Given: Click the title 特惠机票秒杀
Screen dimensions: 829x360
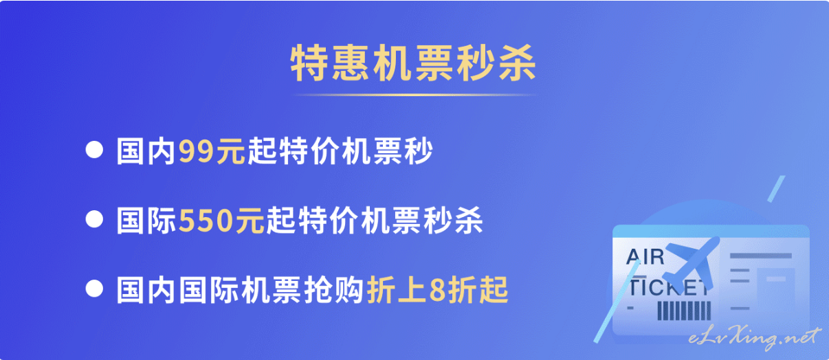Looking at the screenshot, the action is tap(413, 63).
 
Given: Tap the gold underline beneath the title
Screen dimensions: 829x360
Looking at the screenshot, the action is tap(414, 95).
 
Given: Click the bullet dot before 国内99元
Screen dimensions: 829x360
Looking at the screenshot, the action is tap(94, 150).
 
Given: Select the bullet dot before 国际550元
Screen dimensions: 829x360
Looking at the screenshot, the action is tap(94, 219).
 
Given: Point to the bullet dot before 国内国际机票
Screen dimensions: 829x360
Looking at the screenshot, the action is tap(94, 289).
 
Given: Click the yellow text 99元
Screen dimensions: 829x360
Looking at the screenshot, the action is tap(212, 151).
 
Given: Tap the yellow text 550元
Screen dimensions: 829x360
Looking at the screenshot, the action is tap(221, 221).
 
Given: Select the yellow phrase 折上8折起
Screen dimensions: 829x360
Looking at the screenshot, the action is tap(437, 290).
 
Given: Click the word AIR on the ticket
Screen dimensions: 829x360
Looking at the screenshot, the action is tap(645, 257).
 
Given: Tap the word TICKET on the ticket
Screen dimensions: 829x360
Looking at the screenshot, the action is tap(668, 288).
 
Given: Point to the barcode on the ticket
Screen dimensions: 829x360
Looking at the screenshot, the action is tap(684, 311).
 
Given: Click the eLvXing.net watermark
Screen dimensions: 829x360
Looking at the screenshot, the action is tap(754, 338).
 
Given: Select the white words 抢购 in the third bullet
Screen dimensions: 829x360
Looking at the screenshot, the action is tap(333, 290).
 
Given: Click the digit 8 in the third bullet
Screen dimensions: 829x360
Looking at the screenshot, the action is tap(437, 291).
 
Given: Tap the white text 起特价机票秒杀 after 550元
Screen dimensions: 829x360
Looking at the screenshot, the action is tap(374, 221).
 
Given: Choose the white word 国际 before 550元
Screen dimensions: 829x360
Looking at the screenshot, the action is tap(146, 221).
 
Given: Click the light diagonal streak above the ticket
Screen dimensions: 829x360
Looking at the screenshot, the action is tap(776, 189).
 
